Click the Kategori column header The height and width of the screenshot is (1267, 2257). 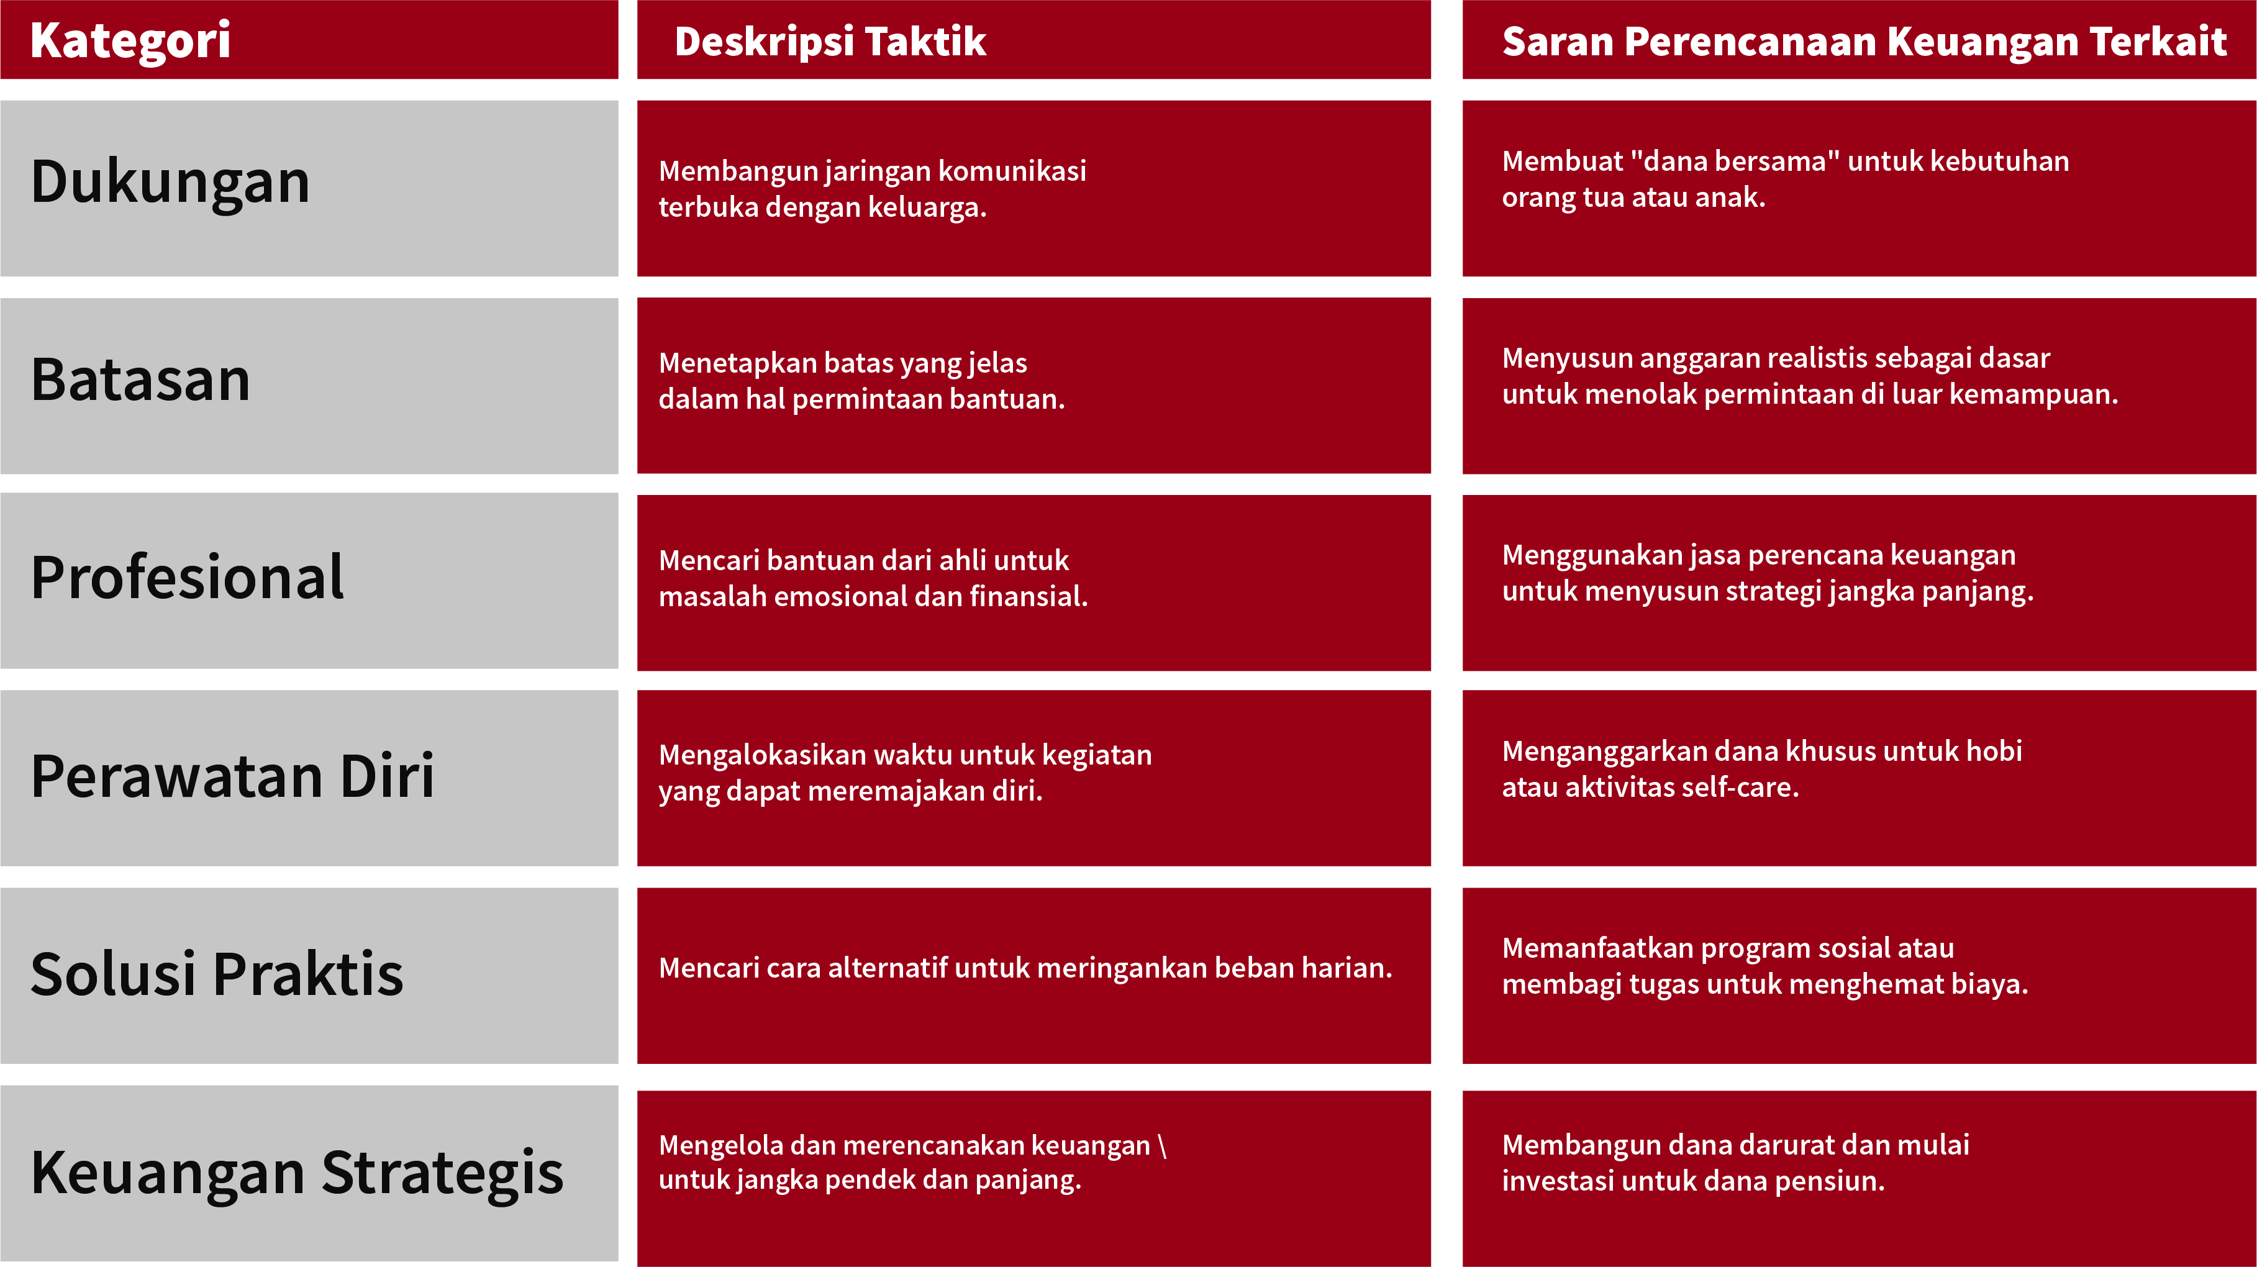[x=130, y=41]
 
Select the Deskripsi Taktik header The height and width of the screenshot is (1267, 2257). [x=830, y=41]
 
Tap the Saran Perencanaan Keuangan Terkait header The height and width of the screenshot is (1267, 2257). [x=1864, y=41]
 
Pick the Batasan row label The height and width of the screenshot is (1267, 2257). [x=141, y=379]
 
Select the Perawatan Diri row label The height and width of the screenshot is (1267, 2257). [x=232, y=776]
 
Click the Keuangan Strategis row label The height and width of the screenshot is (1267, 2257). [x=297, y=1173]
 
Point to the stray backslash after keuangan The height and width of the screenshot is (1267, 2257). [x=1162, y=1145]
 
